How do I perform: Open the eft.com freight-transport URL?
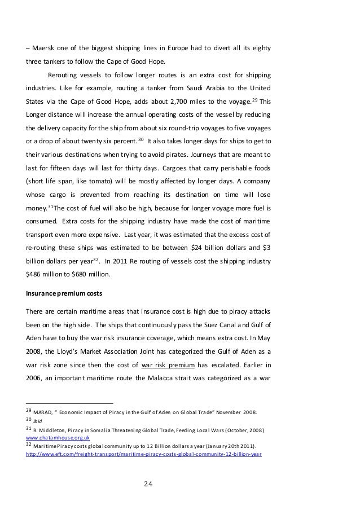coord(143,451)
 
